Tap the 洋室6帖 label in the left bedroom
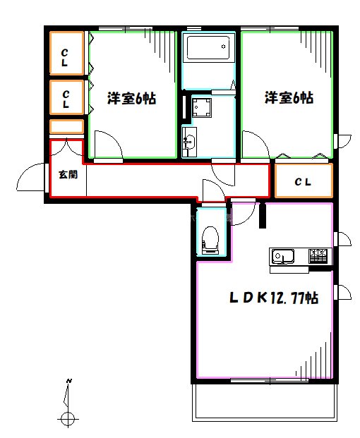click(x=131, y=99)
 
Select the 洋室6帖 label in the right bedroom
click(x=289, y=98)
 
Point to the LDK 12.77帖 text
click(x=272, y=298)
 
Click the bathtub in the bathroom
click(x=208, y=51)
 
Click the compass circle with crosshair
click(x=68, y=419)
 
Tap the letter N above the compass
click(x=68, y=382)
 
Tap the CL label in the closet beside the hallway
click(x=303, y=182)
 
